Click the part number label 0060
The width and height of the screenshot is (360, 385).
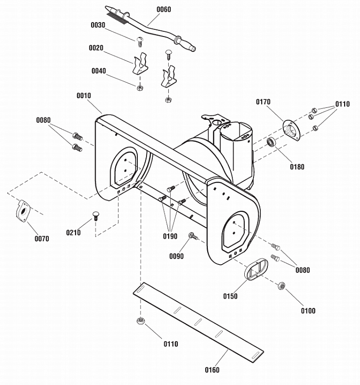(x=164, y=10)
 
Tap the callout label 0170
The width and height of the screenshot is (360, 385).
(x=263, y=102)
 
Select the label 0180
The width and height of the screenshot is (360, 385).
(x=297, y=167)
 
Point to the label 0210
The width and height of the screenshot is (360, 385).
(x=73, y=232)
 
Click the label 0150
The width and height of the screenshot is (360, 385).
(x=230, y=296)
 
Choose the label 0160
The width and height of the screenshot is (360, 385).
(x=212, y=370)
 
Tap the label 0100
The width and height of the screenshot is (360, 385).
(x=308, y=311)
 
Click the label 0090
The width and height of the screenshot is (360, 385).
(x=176, y=256)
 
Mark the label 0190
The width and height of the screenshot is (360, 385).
(x=170, y=236)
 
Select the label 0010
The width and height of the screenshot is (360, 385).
(x=84, y=96)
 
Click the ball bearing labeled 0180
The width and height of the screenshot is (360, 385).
(x=272, y=142)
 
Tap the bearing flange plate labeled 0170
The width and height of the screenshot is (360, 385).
(x=291, y=131)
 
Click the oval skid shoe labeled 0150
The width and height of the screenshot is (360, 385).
(x=256, y=269)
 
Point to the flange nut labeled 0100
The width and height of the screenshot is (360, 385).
(x=282, y=286)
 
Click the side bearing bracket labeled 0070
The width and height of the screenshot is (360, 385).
(x=23, y=211)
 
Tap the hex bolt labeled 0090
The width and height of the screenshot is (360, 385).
(x=193, y=236)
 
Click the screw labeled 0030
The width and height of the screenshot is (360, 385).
(x=140, y=42)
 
